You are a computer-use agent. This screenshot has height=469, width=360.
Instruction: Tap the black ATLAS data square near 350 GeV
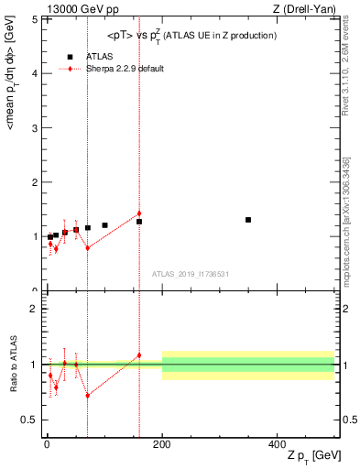[248, 220]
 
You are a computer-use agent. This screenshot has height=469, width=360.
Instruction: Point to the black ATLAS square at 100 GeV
[104, 225]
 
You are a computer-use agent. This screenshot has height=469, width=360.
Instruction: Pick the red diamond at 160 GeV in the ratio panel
[139, 355]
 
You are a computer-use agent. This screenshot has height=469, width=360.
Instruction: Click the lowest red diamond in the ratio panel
[87, 395]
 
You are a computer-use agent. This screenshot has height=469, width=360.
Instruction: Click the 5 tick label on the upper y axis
[33, 19]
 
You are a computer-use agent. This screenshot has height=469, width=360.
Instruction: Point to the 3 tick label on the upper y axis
[33, 128]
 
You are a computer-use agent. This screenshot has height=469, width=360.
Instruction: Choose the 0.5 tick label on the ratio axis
[28, 420]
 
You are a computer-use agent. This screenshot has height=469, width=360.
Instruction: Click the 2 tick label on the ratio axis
[33, 309]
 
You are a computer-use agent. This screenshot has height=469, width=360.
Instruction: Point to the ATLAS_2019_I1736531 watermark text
[190, 274]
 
